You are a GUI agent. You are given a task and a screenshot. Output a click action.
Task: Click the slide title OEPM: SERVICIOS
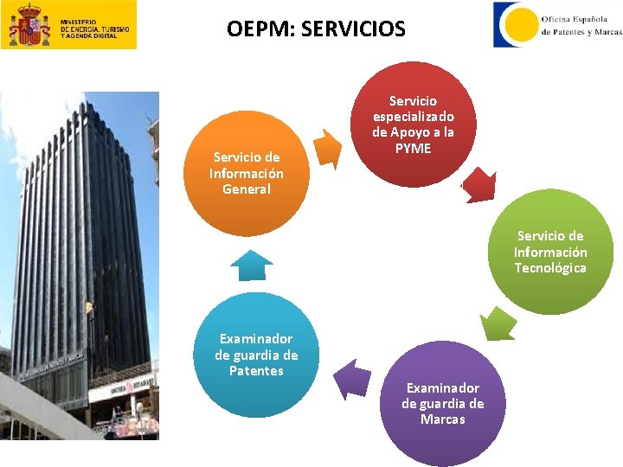tap(316, 29)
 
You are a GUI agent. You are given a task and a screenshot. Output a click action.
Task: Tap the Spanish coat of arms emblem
tap(29, 25)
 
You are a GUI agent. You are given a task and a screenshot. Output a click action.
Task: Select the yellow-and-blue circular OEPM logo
tap(516, 24)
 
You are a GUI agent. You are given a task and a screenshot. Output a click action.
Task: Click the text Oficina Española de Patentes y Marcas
tap(581, 25)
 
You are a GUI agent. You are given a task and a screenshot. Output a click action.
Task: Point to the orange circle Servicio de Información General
tap(247, 173)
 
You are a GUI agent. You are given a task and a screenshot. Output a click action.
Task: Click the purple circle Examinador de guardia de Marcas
tap(442, 404)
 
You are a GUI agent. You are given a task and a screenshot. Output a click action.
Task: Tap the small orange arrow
tap(328, 148)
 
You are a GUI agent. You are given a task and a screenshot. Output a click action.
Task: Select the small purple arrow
tap(352, 379)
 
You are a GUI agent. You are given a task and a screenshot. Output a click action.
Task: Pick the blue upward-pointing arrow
tap(252, 265)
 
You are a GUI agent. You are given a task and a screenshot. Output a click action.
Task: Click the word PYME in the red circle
tap(413, 149)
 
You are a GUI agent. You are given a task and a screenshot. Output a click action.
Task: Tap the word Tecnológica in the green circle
tap(550, 268)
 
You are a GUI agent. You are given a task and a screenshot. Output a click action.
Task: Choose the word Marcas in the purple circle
tap(443, 419)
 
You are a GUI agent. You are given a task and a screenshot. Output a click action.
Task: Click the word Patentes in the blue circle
tap(256, 371)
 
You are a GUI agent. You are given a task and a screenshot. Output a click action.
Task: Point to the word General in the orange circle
tap(247, 189)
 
